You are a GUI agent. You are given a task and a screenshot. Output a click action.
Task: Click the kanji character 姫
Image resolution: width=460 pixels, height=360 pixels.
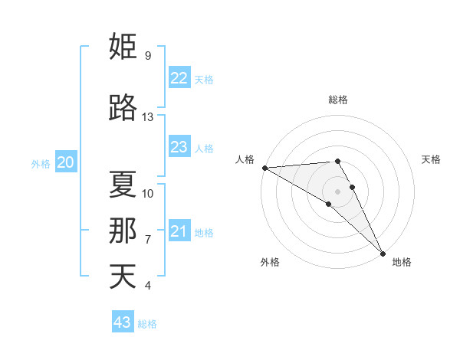[x=123, y=47]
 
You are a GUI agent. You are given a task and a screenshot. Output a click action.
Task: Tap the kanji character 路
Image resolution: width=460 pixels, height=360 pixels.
[x=123, y=108]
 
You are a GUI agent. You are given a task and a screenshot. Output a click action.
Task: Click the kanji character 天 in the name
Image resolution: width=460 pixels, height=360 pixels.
[x=123, y=276]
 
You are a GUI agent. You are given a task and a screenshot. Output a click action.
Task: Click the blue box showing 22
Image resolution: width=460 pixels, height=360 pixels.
[x=179, y=78]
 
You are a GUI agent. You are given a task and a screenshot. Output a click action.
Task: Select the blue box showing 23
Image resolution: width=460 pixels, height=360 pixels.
[x=179, y=147]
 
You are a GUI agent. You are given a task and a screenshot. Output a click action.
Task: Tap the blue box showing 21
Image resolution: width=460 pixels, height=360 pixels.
[x=179, y=231]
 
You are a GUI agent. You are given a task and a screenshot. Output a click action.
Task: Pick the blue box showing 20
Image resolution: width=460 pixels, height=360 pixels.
[x=66, y=162]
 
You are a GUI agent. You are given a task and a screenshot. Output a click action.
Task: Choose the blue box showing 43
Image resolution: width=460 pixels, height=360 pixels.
[x=123, y=322]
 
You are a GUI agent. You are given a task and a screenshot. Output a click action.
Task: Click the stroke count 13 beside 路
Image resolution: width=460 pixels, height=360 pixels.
[x=148, y=117]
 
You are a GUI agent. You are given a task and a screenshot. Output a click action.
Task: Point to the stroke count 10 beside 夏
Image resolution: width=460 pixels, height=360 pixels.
[x=148, y=194]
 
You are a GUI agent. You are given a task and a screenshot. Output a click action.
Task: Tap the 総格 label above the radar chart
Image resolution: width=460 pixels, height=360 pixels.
[x=338, y=100]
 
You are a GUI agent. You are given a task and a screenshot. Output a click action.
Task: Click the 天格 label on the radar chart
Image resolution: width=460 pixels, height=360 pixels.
[x=431, y=159]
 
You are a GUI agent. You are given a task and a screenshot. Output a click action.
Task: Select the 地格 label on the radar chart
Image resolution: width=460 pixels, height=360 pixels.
[x=402, y=262]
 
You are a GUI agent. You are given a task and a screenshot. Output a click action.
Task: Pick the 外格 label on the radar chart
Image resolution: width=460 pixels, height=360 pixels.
[x=270, y=262]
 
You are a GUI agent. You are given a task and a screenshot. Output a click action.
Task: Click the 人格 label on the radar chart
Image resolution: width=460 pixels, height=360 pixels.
[x=245, y=159]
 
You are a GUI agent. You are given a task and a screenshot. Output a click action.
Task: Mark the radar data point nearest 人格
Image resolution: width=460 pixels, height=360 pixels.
[x=264, y=168]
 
